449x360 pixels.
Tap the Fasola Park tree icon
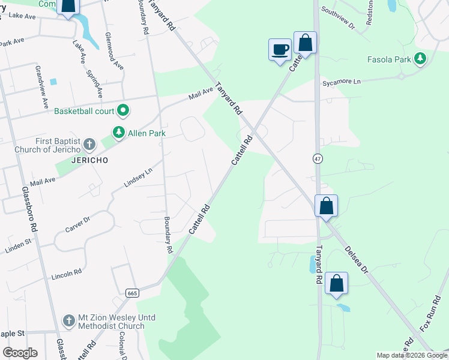pyautogui.click(x=421, y=59)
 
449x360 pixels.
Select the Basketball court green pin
pyautogui.click(x=124, y=110)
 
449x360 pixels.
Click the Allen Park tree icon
pyautogui.click(x=119, y=132)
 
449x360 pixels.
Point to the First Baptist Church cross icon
pyautogui.click(x=89, y=144)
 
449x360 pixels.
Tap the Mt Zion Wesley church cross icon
pyautogui.click(x=70, y=320)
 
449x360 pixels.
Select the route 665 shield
pyautogui.click(x=133, y=293)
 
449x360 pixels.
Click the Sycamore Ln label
pyautogui.click(x=342, y=82)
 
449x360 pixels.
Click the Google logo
pyautogui.click(x=20, y=352)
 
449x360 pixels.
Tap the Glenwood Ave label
pyautogui.click(x=115, y=52)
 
